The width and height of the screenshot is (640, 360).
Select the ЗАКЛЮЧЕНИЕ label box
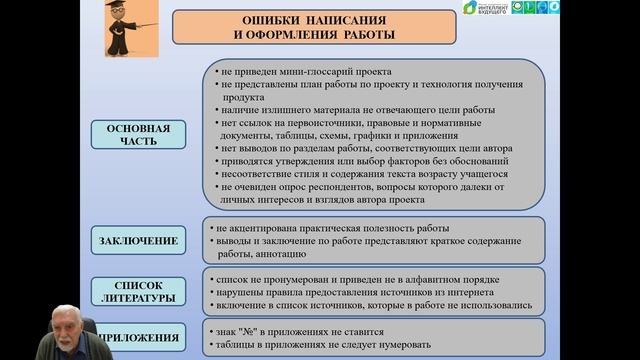(139, 240)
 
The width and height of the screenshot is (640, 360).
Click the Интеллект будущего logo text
(497, 9)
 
